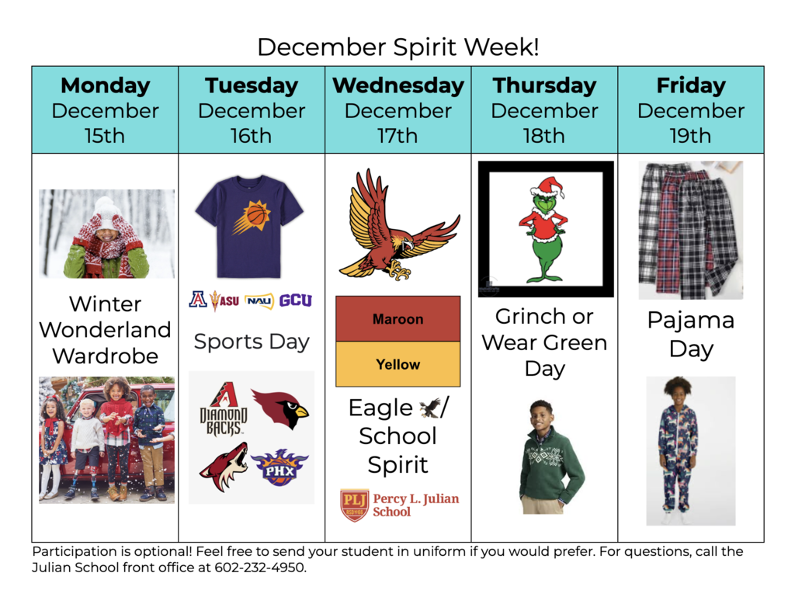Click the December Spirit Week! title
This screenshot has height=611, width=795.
pos(397,47)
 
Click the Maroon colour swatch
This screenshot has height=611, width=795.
pos(397,319)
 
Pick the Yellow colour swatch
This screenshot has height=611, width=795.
pos(397,364)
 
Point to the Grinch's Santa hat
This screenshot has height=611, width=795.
pos(547,188)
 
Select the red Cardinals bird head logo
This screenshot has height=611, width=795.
pos(281,408)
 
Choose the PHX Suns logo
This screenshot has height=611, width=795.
pos(279,467)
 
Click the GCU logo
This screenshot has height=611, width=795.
pos(295,300)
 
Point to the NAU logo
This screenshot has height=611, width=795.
pos(259,301)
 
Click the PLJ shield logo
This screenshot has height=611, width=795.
pos(354,505)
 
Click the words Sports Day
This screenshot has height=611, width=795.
pos(251,342)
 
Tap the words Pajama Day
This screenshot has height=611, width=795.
pos(690,334)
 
